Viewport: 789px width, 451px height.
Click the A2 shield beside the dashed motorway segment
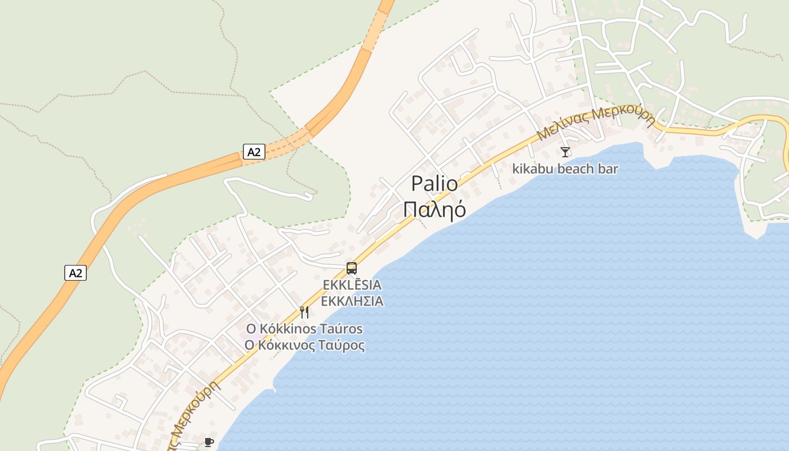tap(254, 152)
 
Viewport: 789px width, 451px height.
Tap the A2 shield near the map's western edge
tap(75, 273)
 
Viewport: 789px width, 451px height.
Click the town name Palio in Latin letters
tap(435, 184)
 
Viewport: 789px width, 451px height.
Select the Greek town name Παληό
tap(435, 209)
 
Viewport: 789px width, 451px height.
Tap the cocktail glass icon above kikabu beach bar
tap(565, 152)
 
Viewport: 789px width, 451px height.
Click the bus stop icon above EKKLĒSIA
tap(352, 268)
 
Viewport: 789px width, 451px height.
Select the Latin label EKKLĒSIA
tap(352, 285)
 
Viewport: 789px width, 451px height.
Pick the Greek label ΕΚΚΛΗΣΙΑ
tap(352, 301)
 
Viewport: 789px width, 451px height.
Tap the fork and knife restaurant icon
tap(304, 312)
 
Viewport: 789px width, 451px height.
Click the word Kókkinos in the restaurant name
tap(289, 329)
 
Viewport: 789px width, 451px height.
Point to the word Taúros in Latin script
tap(342, 329)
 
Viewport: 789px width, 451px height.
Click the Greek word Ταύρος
tap(343, 346)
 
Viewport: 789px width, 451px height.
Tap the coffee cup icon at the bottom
tap(209, 442)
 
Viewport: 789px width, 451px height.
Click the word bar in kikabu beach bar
tap(608, 169)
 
